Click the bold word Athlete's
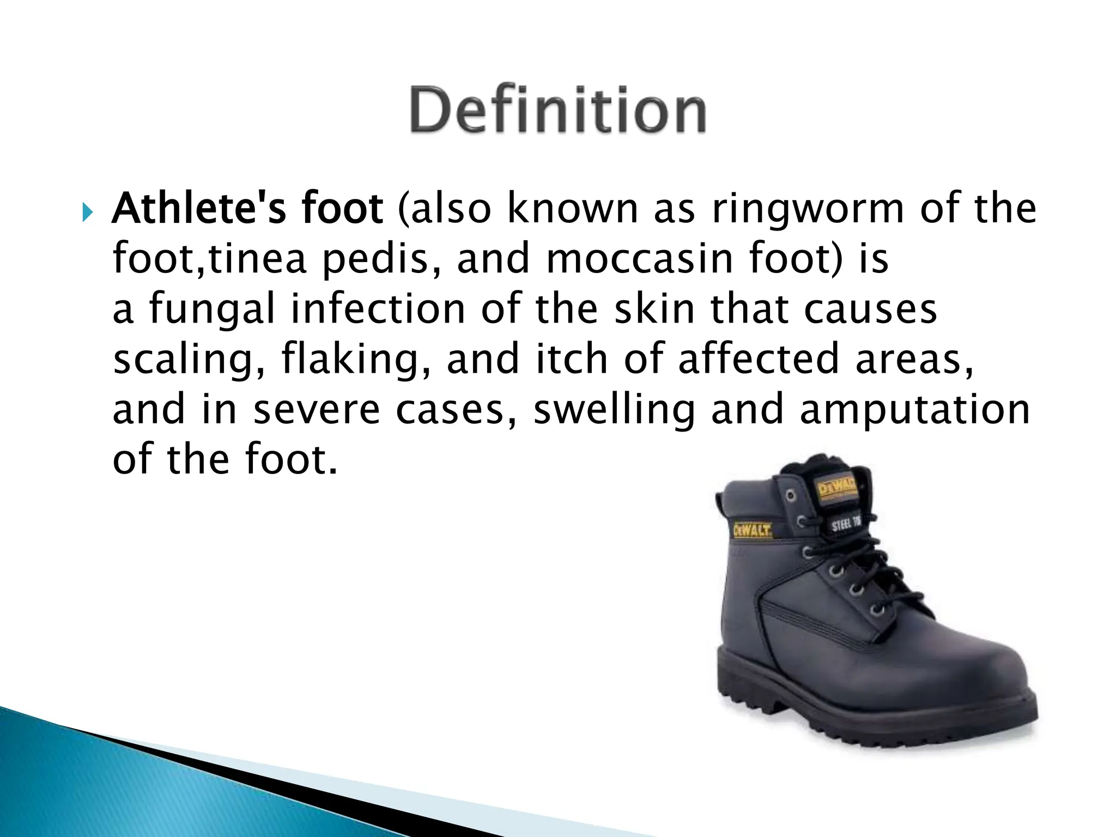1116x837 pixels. click(x=199, y=209)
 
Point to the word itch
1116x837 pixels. click(x=572, y=360)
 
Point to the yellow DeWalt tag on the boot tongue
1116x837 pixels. click(x=837, y=487)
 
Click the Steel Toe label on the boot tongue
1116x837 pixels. click(x=845, y=524)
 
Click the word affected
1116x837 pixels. click(x=758, y=360)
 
